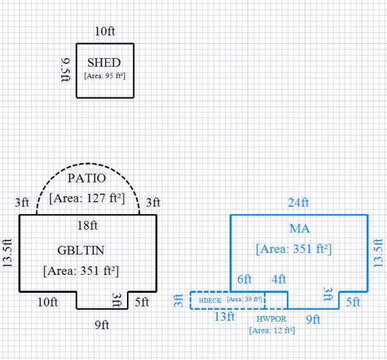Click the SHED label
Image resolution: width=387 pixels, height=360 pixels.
(x=104, y=63)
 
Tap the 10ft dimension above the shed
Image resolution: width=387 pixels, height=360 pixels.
(x=104, y=32)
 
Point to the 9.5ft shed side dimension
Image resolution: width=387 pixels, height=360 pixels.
(x=64, y=70)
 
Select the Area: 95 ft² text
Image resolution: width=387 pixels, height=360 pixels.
(x=104, y=75)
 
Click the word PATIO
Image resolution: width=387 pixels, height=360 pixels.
(x=87, y=177)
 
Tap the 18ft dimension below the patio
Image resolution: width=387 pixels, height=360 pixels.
(x=88, y=225)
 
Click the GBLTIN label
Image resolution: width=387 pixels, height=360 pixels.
(x=81, y=249)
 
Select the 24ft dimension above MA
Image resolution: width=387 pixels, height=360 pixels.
(x=298, y=203)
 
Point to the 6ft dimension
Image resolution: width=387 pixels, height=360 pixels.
(x=244, y=279)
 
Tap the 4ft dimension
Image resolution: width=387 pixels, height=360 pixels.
(x=279, y=279)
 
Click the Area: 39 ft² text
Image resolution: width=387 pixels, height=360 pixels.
(x=244, y=299)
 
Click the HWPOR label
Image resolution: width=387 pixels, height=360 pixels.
(x=271, y=319)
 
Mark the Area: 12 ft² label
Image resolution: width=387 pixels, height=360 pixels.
(x=272, y=330)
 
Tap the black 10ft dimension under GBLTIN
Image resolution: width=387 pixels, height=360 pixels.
(x=48, y=301)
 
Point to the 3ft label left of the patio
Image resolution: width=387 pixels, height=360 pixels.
(x=22, y=202)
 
